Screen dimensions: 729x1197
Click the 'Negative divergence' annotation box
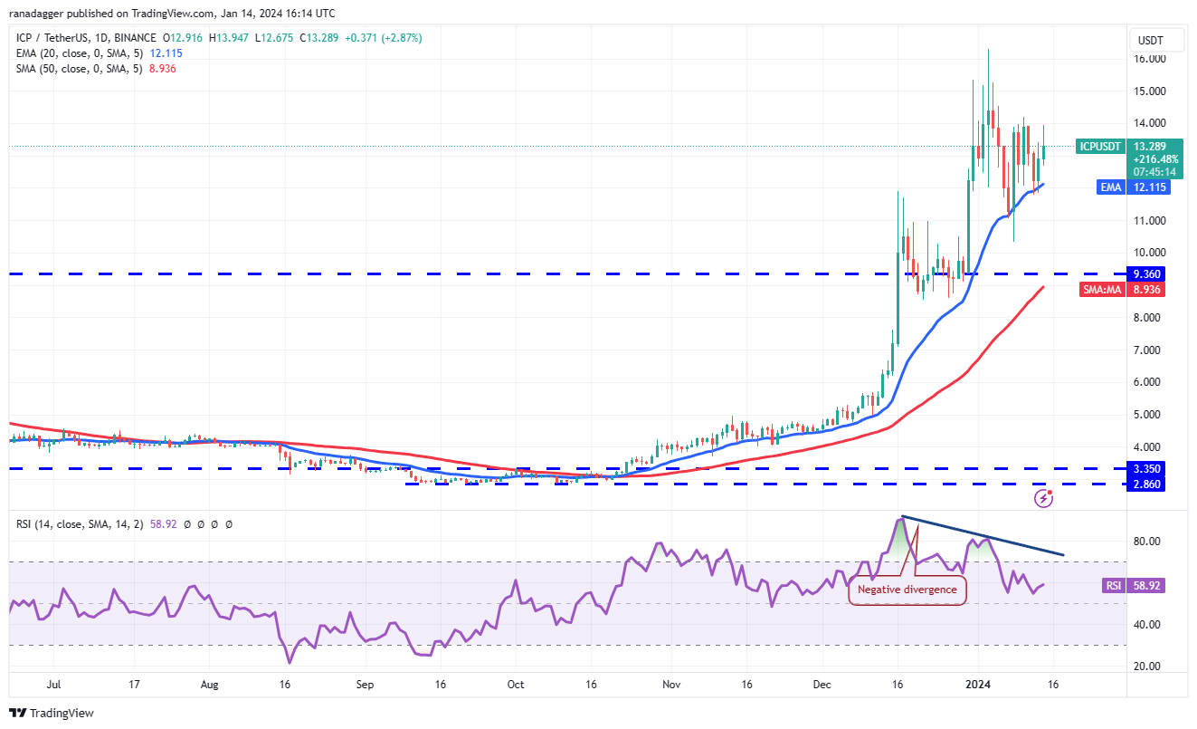(907, 590)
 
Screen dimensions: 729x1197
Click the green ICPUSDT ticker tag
(1099, 146)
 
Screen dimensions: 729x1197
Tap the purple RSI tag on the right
(1113, 586)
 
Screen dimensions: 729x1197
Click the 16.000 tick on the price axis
(1150, 59)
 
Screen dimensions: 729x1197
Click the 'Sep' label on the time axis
(364, 686)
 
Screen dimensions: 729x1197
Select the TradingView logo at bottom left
(52, 713)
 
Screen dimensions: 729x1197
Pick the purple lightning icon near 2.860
(1043, 497)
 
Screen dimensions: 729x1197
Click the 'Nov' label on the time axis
(670, 686)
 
